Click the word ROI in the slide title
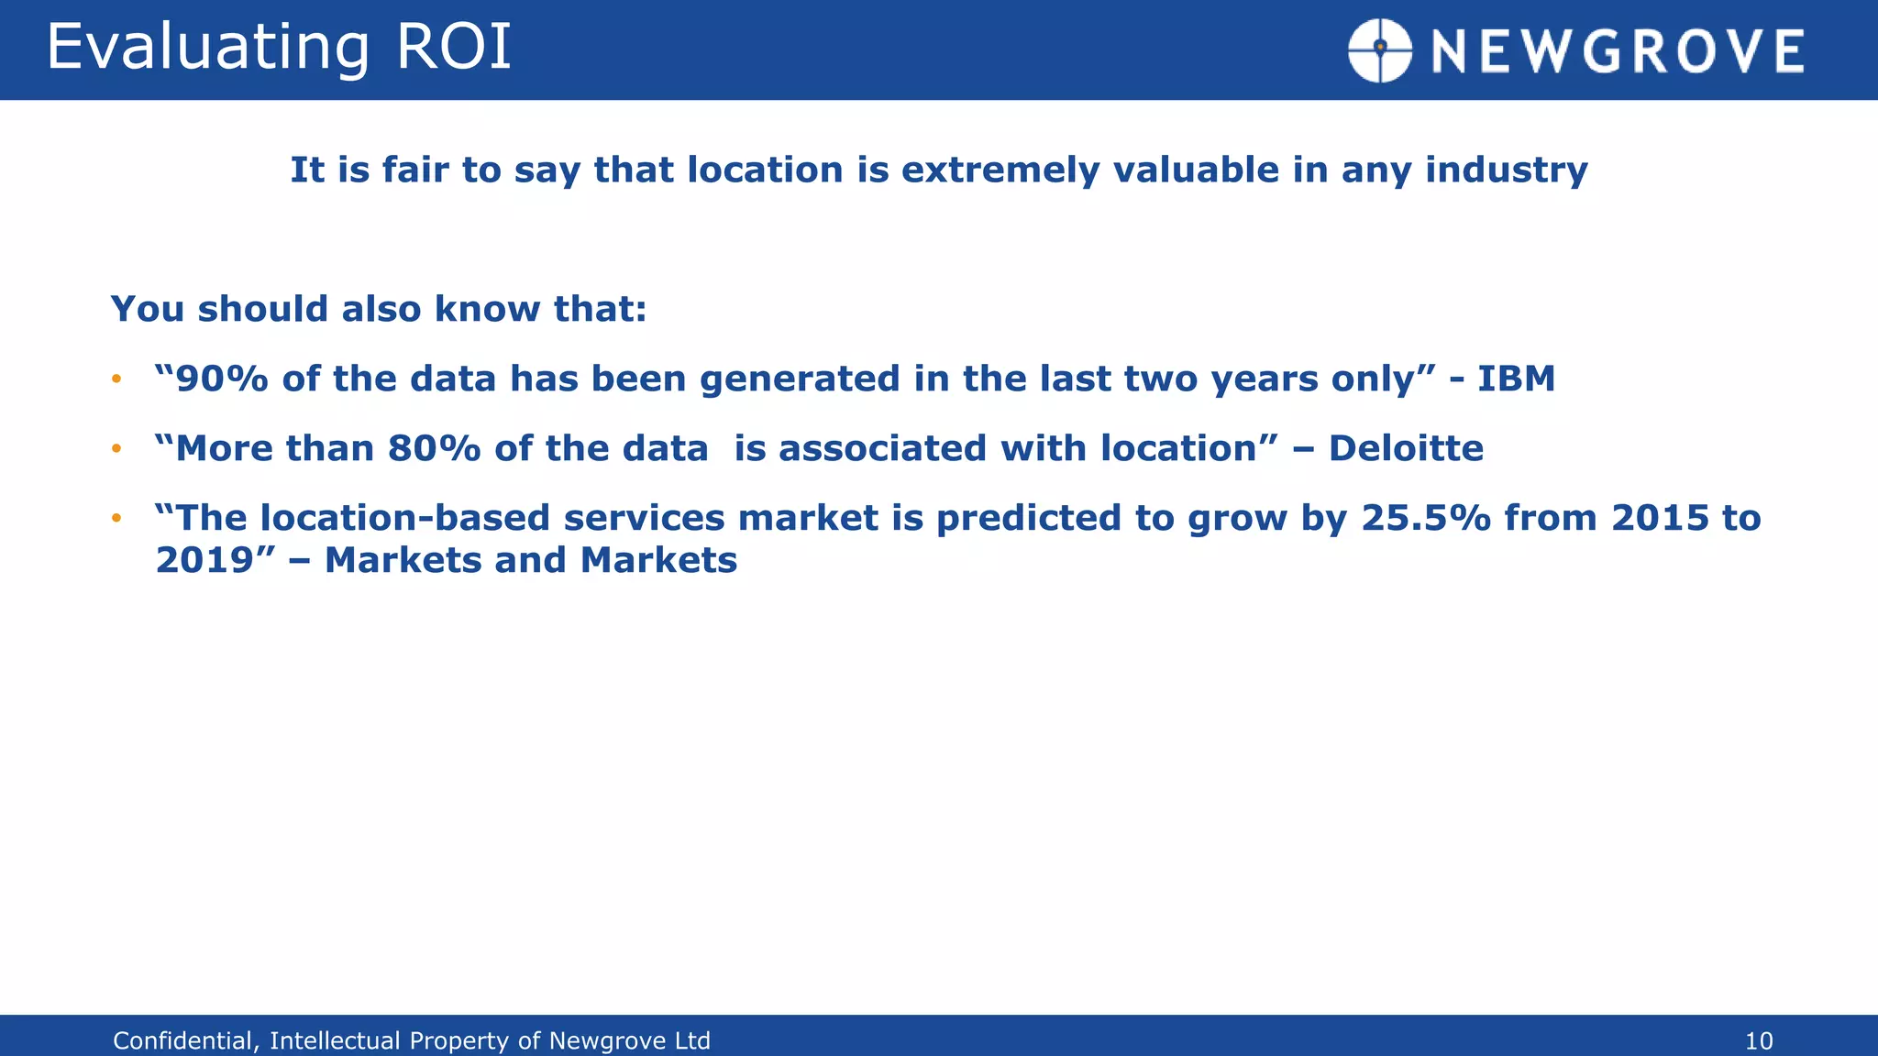(453, 48)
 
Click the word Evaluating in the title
(207, 48)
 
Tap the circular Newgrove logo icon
(1379, 50)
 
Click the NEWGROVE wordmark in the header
(1618, 51)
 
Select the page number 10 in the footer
(1758, 1041)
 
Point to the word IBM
(1515, 379)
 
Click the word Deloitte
(1405, 448)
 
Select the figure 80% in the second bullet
(434, 448)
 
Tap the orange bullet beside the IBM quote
(116, 379)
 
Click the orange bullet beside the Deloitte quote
(116, 449)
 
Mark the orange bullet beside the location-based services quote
(116, 519)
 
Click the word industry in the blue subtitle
(1506, 170)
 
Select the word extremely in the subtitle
(1000, 170)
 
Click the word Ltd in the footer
(691, 1041)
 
